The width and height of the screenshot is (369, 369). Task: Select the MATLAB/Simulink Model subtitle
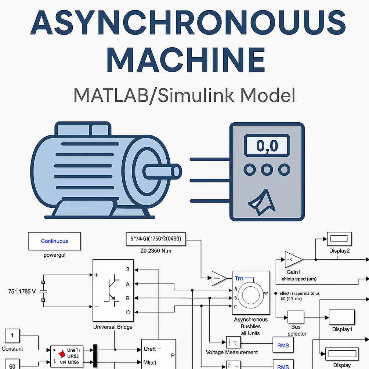(x=184, y=94)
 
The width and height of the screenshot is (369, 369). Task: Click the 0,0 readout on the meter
(x=267, y=146)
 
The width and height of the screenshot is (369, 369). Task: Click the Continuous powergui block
(x=54, y=241)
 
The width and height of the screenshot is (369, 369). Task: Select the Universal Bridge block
(x=113, y=290)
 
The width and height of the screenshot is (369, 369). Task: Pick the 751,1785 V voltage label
(x=22, y=292)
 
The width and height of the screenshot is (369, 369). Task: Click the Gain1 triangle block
(x=293, y=260)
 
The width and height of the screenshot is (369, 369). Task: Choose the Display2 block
(x=339, y=239)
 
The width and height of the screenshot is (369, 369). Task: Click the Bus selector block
(x=296, y=317)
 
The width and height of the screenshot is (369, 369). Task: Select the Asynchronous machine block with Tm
(x=251, y=293)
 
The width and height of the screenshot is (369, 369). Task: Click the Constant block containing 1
(x=12, y=336)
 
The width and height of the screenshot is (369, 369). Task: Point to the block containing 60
(x=12, y=365)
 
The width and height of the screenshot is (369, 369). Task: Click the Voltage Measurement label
(x=232, y=352)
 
